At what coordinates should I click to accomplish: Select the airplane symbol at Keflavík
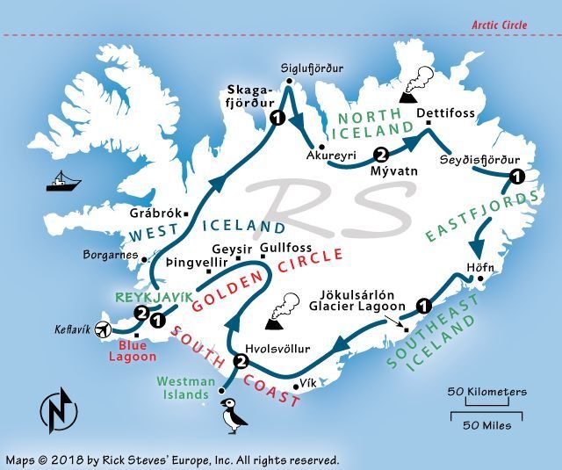click(104, 330)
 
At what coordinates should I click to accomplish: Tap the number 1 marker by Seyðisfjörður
click(517, 177)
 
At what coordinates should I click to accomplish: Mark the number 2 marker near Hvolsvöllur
click(241, 360)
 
